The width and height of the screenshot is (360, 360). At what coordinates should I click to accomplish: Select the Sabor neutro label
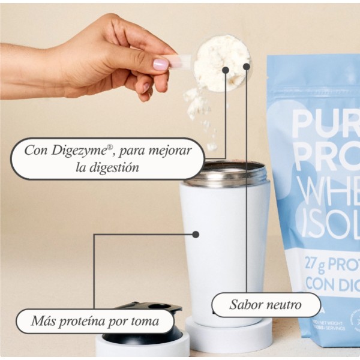tap(266, 304)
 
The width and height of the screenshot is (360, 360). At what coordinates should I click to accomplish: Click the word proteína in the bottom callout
tap(82, 322)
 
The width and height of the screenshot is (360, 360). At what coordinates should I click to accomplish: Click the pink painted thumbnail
tap(160, 64)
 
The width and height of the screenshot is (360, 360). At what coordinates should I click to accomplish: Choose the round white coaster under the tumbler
tap(228, 336)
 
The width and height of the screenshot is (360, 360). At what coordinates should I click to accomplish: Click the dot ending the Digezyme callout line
tap(226, 70)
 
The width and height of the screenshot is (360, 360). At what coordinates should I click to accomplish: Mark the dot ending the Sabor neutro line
tap(246, 66)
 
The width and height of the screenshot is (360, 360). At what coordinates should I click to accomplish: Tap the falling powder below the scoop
tap(198, 105)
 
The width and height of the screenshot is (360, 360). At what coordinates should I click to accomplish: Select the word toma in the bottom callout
tap(145, 322)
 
